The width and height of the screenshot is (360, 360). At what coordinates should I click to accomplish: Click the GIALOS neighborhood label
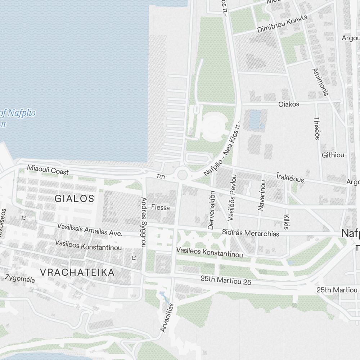(x=75, y=198)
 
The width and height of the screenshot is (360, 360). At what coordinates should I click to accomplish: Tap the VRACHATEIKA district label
(x=77, y=272)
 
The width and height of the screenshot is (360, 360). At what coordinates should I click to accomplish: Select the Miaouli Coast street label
(x=48, y=170)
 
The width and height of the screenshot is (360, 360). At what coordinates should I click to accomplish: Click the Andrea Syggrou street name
(x=144, y=222)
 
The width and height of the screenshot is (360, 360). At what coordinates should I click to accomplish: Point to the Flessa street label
(x=161, y=208)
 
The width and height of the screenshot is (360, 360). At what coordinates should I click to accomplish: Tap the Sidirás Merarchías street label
(x=251, y=233)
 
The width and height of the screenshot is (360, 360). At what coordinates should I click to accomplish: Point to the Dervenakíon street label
(x=211, y=210)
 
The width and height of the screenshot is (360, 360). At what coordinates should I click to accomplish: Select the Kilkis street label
(x=287, y=222)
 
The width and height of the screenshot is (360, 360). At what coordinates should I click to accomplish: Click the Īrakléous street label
(x=290, y=177)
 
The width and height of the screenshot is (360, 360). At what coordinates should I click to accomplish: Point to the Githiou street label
(x=333, y=155)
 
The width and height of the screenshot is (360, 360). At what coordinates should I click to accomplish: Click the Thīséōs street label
(x=317, y=128)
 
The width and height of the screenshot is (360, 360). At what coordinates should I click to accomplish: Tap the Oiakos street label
(x=289, y=104)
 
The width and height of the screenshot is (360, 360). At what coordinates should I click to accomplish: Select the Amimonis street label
(x=320, y=82)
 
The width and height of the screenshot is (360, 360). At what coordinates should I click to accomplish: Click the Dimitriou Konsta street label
(x=282, y=24)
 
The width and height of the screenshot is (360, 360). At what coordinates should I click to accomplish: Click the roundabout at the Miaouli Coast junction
(x=183, y=175)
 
